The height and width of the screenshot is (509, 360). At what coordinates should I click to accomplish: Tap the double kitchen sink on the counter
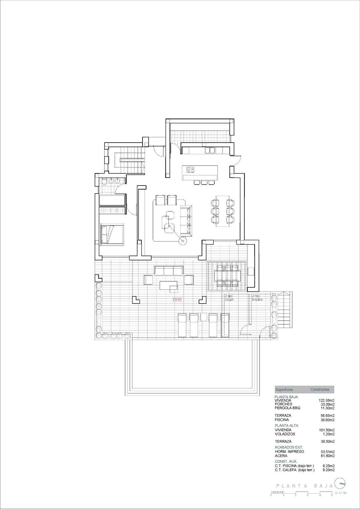click(209, 150)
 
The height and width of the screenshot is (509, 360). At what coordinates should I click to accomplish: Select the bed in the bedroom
click(112, 234)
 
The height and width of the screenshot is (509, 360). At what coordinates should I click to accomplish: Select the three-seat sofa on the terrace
click(168, 270)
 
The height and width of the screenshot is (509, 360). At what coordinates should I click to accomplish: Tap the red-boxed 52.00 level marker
click(177, 299)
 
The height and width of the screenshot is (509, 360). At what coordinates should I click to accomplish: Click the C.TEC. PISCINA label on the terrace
click(257, 298)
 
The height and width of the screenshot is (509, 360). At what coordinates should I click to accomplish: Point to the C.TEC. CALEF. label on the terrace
click(229, 298)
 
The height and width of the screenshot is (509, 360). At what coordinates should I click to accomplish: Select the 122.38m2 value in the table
click(327, 400)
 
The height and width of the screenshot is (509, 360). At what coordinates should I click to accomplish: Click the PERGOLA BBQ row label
click(287, 408)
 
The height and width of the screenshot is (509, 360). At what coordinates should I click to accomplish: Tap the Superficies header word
click(284, 389)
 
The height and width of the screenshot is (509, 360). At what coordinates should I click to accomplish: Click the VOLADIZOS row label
click(285, 434)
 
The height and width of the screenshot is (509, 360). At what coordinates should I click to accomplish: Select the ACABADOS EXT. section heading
click(289, 447)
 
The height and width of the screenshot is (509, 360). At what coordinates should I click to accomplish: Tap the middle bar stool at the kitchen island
click(203, 182)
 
